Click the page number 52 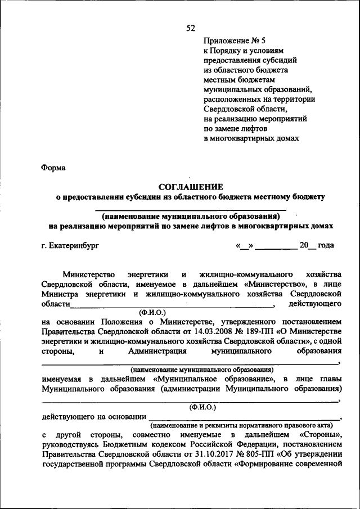pos(190,29)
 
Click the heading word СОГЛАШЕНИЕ pos(190,186)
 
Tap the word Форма pos(53,168)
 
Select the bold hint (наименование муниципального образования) pos(191,216)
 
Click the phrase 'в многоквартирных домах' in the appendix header pos(251,138)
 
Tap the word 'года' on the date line pos(326,245)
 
